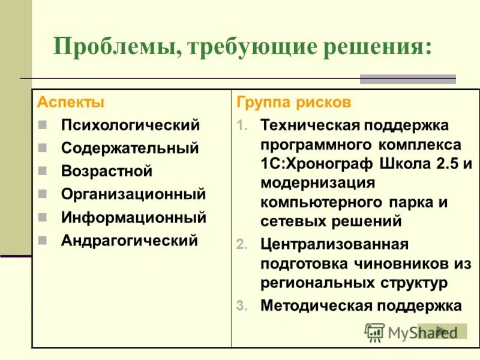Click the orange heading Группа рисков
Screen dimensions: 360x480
point(293,102)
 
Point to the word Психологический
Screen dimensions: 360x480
point(130,125)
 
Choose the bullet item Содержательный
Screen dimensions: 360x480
point(130,148)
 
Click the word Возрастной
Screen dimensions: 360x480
point(107,171)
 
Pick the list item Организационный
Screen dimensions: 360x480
point(133,194)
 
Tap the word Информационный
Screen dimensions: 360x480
point(133,217)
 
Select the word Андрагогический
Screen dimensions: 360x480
point(129,241)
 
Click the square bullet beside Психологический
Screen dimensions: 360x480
point(42,126)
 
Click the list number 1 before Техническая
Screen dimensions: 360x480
point(241,127)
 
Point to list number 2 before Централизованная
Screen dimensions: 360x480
point(241,245)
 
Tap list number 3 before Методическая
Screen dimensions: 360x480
point(241,306)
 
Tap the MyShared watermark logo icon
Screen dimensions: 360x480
point(374,332)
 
